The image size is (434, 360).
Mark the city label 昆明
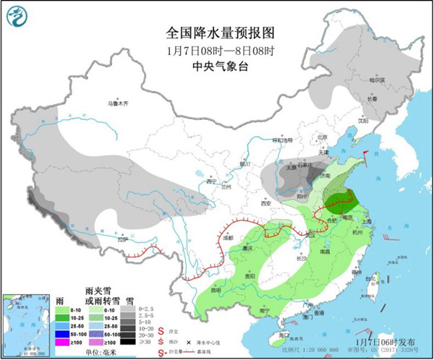(215, 290)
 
